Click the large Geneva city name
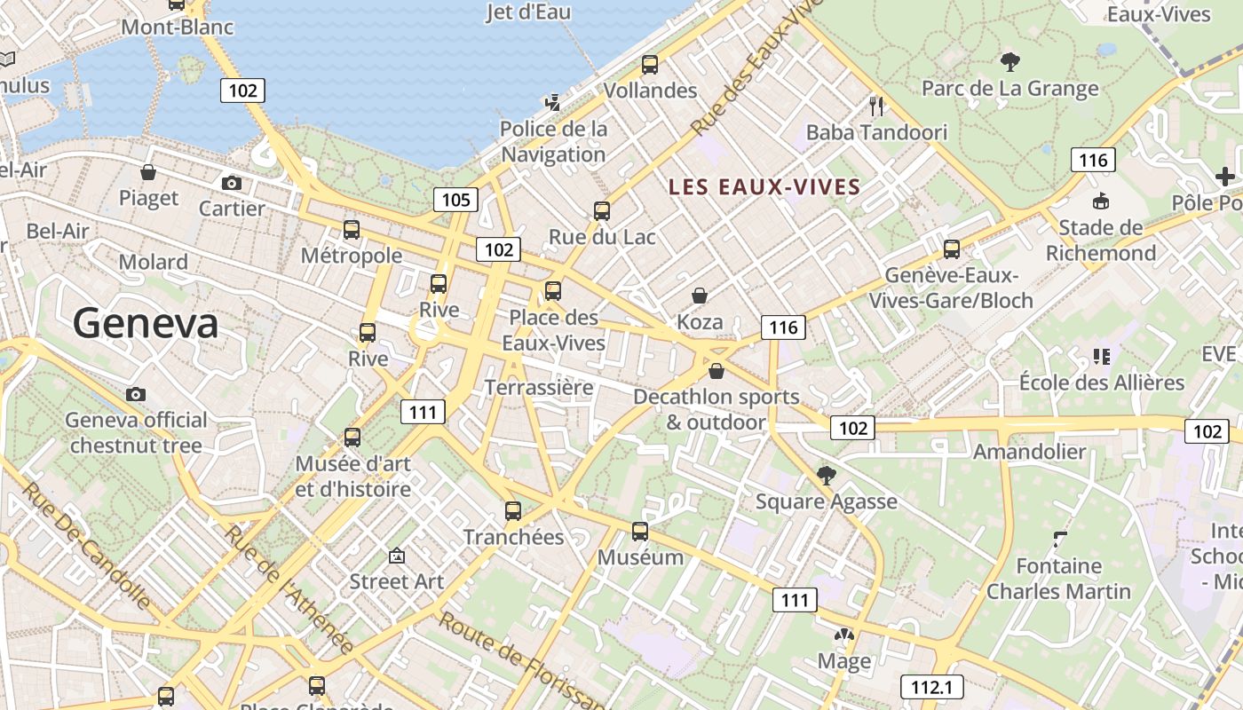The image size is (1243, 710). pyautogui.click(x=146, y=323)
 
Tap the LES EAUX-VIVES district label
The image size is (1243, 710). pyautogui.click(x=764, y=186)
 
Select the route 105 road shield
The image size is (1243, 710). pyautogui.click(x=455, y=200)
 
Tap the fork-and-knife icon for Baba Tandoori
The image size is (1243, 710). pyautogui.click(x=876, y=106)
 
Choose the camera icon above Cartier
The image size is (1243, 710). pyautogui.click(x=232, y=183)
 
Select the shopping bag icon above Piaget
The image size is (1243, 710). pyautogui.click(x=148, y=172)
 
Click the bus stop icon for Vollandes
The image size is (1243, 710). pyautogui.click(x=650, y=65)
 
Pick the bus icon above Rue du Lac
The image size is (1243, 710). pyautogui.click(x=602, y=211)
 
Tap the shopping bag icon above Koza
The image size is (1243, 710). pyautogui.click(x=700, y=295)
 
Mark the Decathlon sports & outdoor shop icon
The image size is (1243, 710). pyautogui.click(x=717, y=371)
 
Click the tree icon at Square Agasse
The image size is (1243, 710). pyautogui.click(x=827, y=476)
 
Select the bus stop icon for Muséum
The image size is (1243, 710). pyautogui.click(x=640, y=532)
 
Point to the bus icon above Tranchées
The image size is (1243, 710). pyautogui.click(x=513, y=511)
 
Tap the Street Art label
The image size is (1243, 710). pyautogui.click(x=396, y=581)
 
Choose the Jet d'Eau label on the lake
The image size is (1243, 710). pyautogui.click(x=528, y=12)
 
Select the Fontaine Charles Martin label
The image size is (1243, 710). pyautogui.click(x=1058, y=578)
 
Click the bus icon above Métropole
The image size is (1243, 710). pyautogui.click(x=352, y=230)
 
